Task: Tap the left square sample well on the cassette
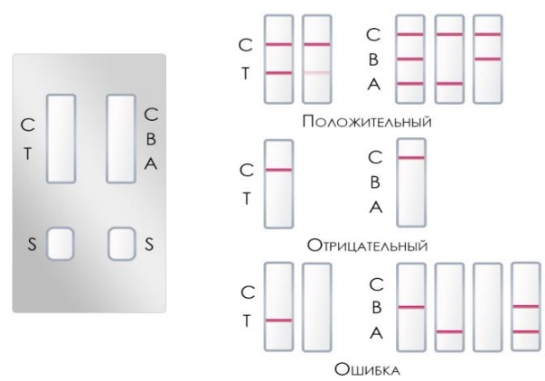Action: point(61,243)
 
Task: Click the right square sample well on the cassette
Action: point(120,243)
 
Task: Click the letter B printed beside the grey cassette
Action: point(151,141)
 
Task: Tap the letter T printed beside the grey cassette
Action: point(28,153)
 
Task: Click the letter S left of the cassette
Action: point(31,244)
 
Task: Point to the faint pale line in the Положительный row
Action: point(316,72)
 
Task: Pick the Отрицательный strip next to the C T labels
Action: point(278,184)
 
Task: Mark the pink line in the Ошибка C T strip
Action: point(278,320)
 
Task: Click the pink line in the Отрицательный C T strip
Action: point(278,169)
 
